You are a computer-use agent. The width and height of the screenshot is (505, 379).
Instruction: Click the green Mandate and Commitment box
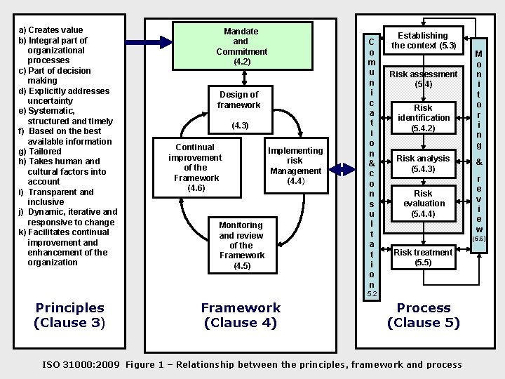click(x=241, y=46)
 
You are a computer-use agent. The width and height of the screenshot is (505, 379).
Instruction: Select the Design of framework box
click(x=239, y=100)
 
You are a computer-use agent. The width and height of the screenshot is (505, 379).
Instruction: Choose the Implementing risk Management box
click(x=295, y=166)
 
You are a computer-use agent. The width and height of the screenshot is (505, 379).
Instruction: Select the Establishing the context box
click(x=423, y=41)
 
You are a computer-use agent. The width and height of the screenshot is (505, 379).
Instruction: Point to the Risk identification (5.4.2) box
click(x=423, y=118)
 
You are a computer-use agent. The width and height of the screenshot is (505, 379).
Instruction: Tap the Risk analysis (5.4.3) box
click(x=423, y=164)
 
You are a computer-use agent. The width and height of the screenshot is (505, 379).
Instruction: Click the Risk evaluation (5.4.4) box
click(x=423, y=203)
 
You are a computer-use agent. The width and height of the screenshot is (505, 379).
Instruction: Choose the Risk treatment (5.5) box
click(x=423, y=257)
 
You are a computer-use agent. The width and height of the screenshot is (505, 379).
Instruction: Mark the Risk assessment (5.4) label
click(x=423, y=79)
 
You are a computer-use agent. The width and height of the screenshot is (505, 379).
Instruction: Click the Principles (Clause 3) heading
click(x=69, y=315)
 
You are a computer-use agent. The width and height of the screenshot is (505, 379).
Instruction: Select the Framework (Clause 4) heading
click(x=241, y=315)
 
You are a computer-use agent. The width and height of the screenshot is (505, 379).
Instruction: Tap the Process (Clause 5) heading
click(x=423, y=315)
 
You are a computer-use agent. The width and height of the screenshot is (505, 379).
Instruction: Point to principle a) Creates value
click(x=50, y=30)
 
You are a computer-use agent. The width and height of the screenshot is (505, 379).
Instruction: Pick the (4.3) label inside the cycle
click(x=240, y=126)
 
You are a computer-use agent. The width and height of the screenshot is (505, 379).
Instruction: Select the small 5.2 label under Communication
click(x=372, y=293)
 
